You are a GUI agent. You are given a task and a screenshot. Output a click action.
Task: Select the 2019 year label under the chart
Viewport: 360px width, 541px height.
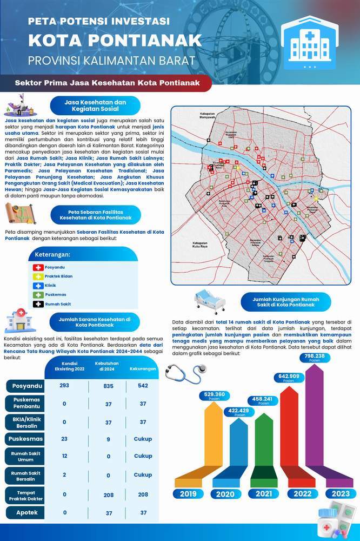click(x=188, y=493)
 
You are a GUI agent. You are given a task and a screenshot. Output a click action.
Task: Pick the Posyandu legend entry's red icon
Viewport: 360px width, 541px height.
click(x=38, y=267)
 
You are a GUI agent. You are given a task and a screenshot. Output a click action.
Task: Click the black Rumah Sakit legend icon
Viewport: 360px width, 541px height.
click(x=38, y=304)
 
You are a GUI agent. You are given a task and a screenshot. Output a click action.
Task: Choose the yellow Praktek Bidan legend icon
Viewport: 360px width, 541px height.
click(x=38, y=276)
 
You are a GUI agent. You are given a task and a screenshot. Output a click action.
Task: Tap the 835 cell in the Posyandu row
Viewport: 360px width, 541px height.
click(x=108, y=386)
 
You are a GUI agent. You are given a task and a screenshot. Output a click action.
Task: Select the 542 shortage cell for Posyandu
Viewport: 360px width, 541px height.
click(x=143, y=386)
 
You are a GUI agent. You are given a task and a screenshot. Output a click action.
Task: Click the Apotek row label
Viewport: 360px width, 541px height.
click(x=26, y=512)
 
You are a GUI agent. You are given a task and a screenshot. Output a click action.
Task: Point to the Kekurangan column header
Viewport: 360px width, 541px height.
click(x=143, y=369)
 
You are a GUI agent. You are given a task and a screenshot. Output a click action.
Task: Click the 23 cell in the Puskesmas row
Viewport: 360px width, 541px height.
click(x=64, y=439)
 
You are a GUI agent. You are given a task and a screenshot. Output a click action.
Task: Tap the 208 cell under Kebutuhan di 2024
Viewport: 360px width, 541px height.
click(x=108, y=494)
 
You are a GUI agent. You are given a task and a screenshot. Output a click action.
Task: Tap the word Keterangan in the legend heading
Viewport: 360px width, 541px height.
click(x=53, y=254)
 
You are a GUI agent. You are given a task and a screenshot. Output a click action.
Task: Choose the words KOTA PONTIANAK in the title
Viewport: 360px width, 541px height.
click(x=115, y=41)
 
